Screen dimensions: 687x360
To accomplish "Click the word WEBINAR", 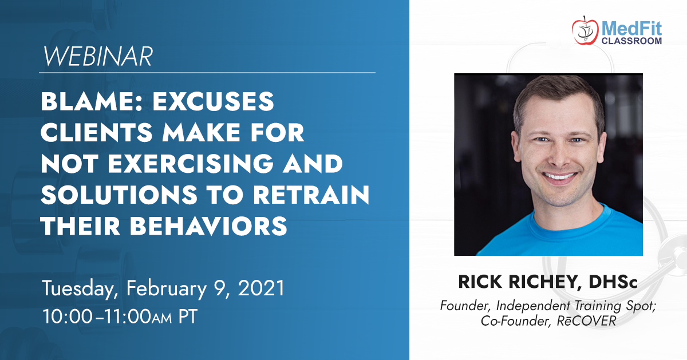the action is [98, 57].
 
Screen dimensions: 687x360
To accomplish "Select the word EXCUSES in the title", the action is [213, 101].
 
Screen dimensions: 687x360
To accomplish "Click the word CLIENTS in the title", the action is [97, 132].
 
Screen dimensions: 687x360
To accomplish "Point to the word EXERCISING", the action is [191, 164].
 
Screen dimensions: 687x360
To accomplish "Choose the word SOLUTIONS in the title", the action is [119, 195].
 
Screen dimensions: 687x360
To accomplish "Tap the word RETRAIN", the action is [311, 195].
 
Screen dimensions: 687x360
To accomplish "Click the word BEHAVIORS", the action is [208, 226].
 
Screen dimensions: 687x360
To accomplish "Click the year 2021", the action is [261, 288].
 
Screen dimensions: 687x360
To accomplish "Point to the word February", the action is [167, 288].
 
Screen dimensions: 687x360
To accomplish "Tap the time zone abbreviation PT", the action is [188, 316].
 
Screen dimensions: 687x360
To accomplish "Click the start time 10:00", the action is [68, 316].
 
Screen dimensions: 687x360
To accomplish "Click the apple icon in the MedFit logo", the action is [585, 31].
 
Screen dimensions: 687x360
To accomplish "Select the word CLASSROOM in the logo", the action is [631, 41].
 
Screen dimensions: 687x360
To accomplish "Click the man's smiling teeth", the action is [559, 176].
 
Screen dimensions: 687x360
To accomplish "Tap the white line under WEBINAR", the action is [207, 73].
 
